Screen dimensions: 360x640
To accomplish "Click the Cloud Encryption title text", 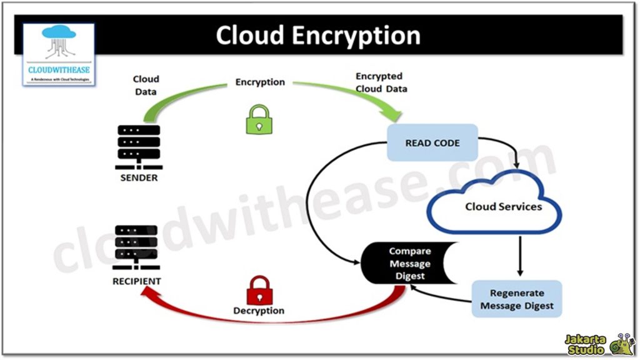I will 318,36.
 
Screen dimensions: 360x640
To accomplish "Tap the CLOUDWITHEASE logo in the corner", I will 59,54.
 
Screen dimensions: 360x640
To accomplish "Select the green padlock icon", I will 257,119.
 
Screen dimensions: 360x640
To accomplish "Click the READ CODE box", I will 432,142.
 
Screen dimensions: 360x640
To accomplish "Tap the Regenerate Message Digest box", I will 517,299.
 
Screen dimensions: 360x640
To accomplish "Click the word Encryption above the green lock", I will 260,82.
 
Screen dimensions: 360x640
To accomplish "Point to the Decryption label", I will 259,311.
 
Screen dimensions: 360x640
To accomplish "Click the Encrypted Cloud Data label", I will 381,82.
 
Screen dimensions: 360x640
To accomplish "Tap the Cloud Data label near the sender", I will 146,85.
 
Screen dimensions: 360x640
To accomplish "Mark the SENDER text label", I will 139,177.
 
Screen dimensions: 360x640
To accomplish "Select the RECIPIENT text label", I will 136,281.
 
